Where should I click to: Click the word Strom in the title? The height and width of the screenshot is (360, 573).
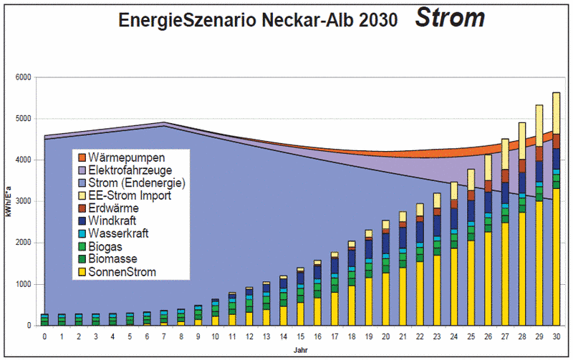tap(449, 19)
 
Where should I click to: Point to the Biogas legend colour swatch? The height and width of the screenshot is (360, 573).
tap(83, 246)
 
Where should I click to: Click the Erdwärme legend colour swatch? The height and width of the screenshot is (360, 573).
tap(83, 208)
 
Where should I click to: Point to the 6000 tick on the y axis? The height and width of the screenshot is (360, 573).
tap(25, 77)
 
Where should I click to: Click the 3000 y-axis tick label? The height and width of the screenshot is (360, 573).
tap(25, 202)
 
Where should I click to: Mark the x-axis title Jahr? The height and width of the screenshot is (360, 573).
tap(300, 350)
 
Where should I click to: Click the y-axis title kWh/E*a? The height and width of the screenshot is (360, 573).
tap(9, 202)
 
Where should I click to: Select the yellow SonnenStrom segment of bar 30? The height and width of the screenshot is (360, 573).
tap(556, 258)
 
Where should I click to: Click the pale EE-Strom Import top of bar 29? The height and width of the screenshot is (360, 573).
tap(539, 125)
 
